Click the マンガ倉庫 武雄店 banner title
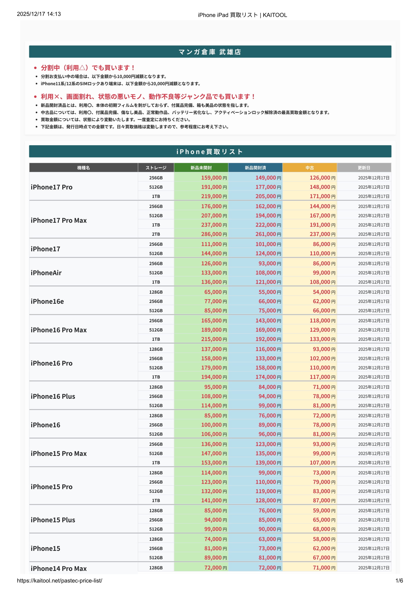[210, 52]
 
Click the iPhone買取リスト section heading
[210, 152]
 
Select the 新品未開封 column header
[201, 168]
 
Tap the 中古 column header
[309, 168]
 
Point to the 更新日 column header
[364, 168]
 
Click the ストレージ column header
[156, 168]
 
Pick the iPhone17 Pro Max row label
[59, 220]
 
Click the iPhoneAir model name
[46, 273]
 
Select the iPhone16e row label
[47, 301]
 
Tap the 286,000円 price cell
[214, 234]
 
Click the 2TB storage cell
[156, 234]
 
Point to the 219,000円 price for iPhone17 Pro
[214, 196]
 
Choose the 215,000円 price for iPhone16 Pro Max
[214, 339]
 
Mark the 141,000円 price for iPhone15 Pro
[214, 500]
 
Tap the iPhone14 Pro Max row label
[59, 568]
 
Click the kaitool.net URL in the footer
[59, 581]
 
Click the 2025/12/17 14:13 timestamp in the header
[39, 14]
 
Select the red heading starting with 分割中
[88, 68]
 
